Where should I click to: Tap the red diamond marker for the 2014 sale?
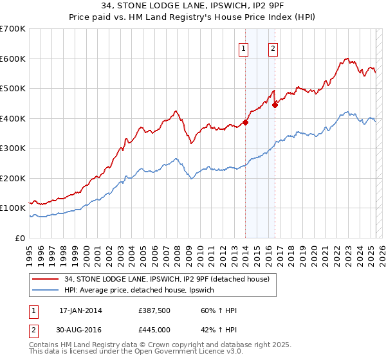point(245,122)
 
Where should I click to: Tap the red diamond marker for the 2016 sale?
point(275,105)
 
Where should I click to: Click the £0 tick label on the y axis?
point(21,238)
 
